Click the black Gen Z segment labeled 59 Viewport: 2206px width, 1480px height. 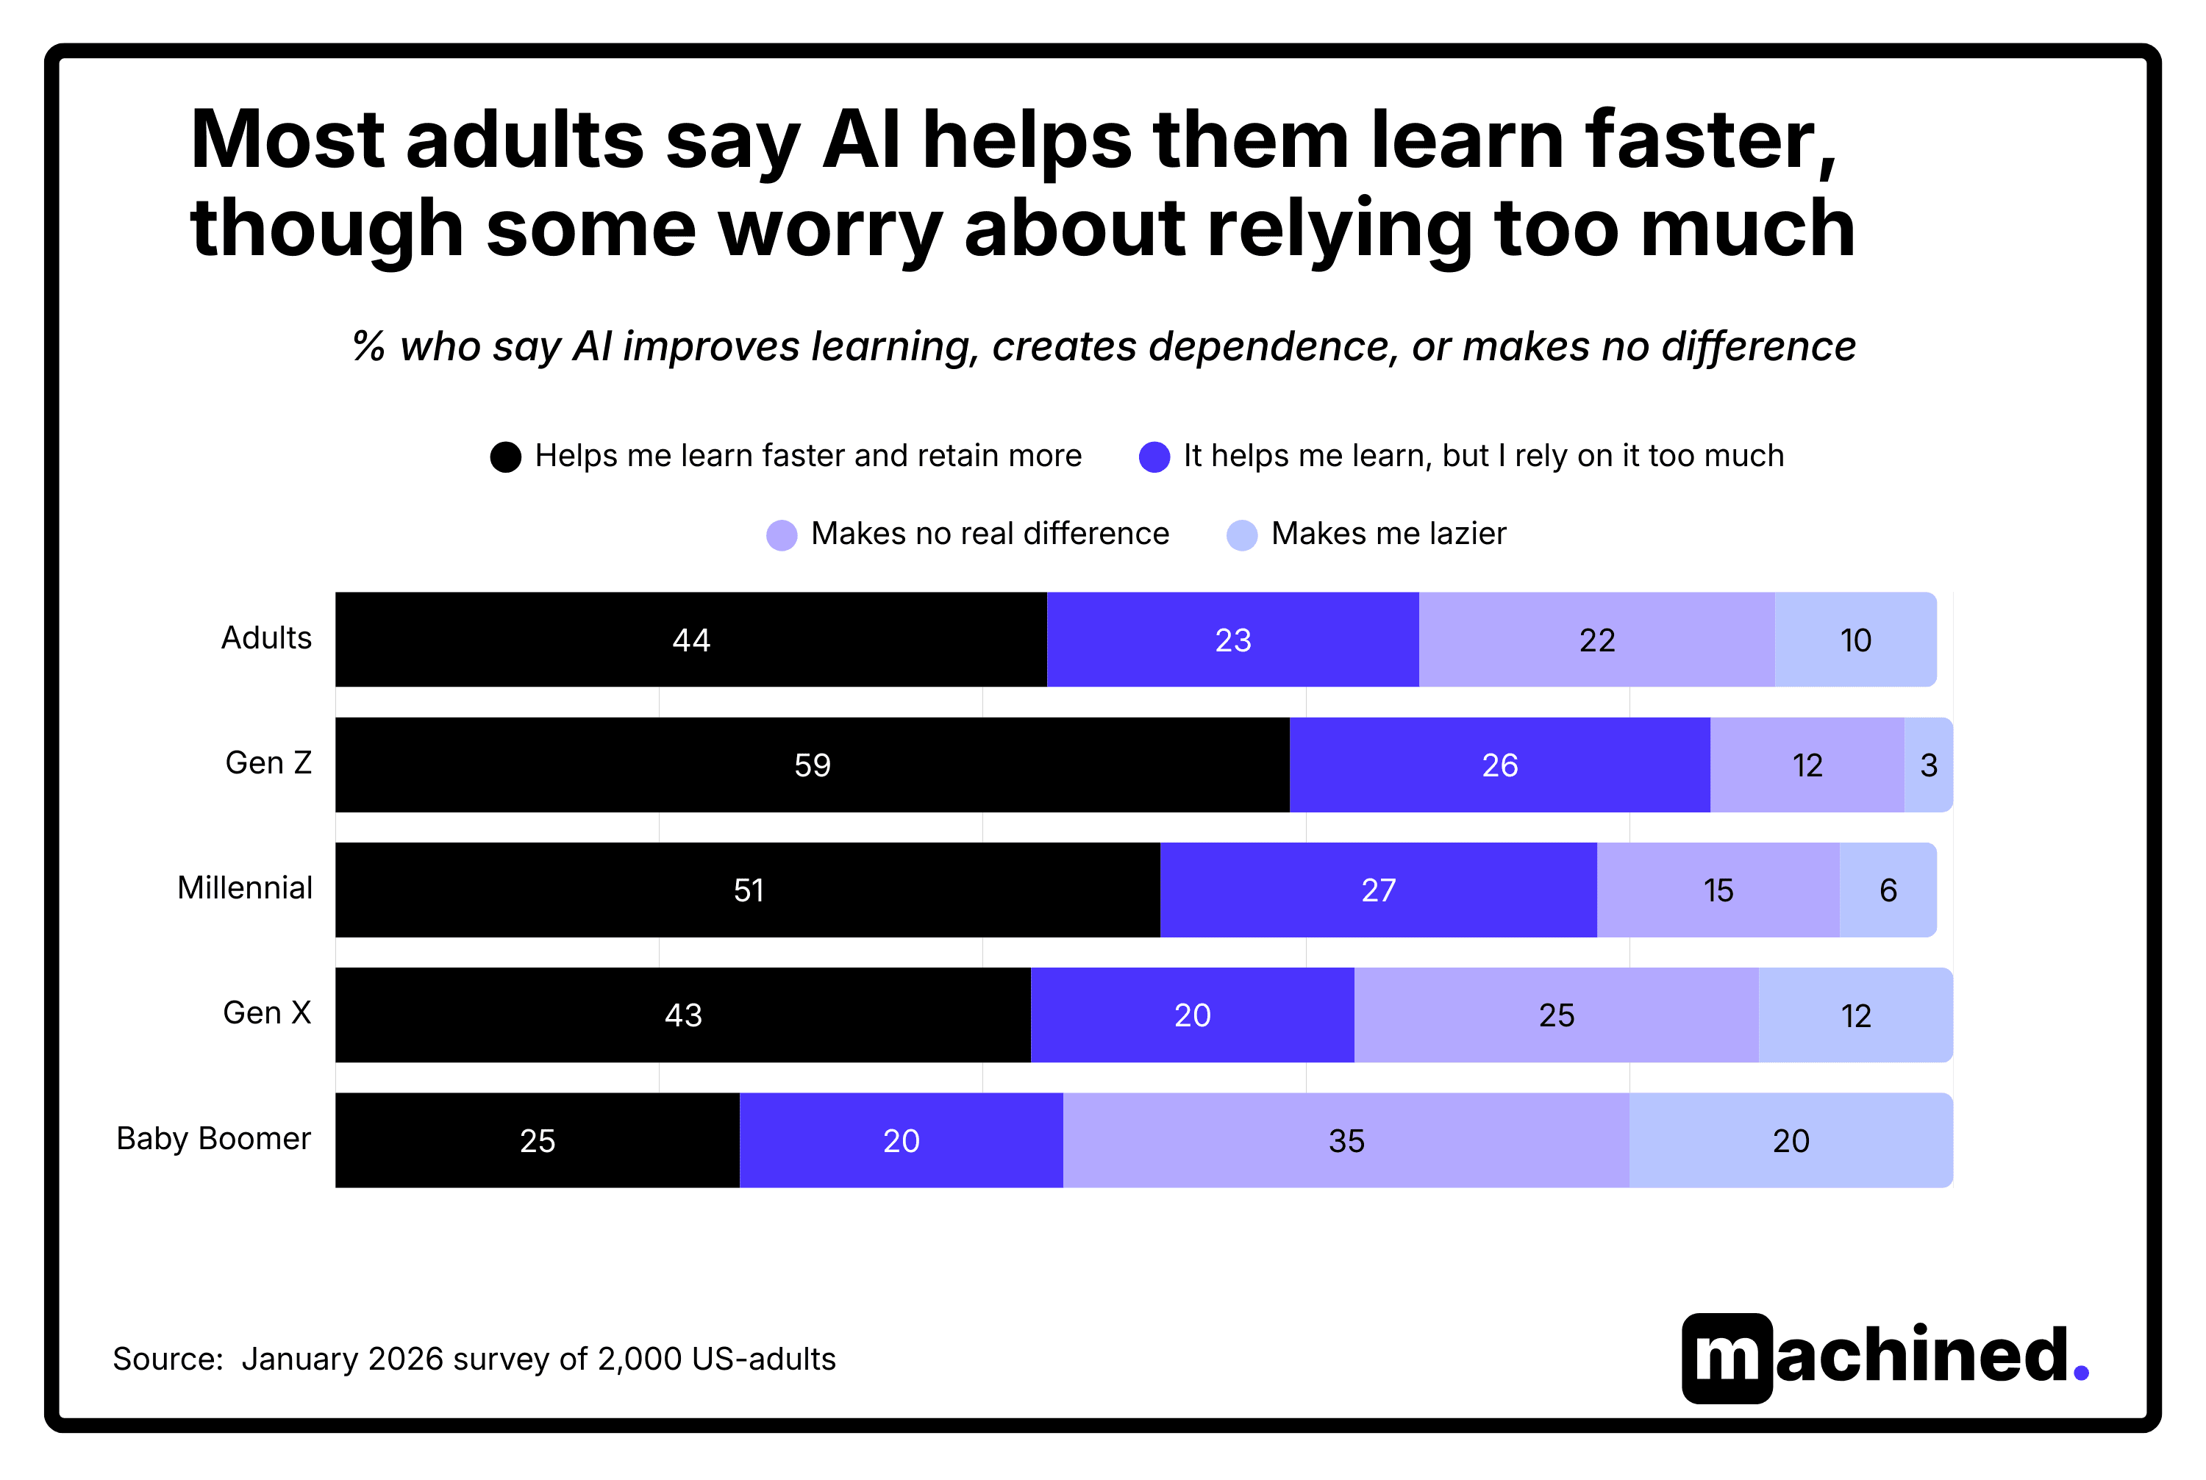812,765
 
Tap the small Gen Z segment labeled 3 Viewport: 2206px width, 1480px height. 1927,765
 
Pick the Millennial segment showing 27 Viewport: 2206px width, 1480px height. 1378,890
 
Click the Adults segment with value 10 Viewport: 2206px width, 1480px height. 1855,640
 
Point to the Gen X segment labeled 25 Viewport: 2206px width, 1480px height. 1556,1015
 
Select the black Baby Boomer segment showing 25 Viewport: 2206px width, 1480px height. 537,1140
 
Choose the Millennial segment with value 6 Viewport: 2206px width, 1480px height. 1888,890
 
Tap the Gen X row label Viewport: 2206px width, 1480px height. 267,1013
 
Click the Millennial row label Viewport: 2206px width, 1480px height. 244,888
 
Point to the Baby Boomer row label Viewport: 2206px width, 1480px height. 213,1138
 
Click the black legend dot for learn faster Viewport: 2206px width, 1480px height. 506,457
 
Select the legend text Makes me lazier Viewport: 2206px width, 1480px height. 1388,535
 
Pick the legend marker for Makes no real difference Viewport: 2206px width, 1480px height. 782,535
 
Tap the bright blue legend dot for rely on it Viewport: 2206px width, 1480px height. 1154,457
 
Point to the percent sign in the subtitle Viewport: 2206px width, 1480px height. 369,346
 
